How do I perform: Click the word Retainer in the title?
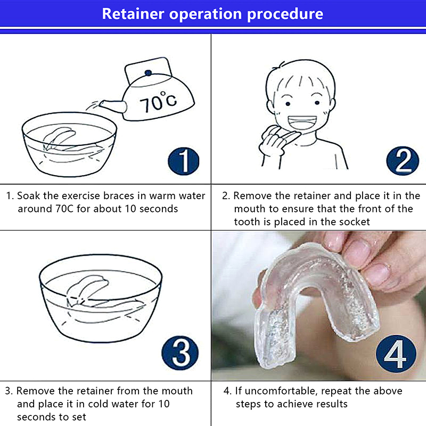click(133, 14)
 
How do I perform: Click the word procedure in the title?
click(285, 15)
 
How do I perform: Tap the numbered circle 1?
click(183, 161)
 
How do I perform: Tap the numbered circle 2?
click(403, 161)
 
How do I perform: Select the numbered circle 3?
click(180, 353)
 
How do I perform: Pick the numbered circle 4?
click(396, 353)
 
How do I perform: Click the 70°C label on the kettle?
click(158, 102)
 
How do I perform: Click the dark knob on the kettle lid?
click(148, 73)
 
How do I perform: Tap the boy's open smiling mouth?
click(302, 123)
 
